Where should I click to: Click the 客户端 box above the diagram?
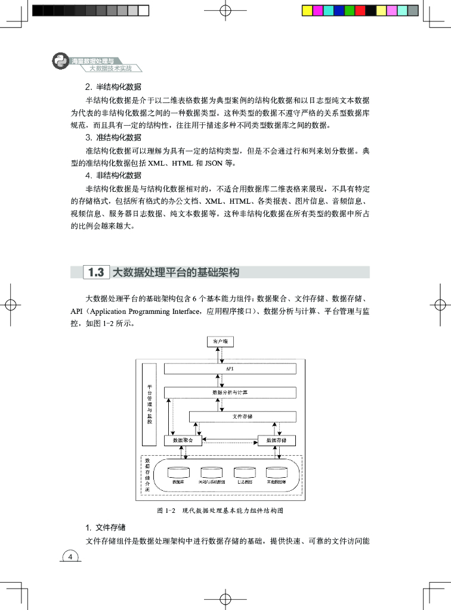(x=220, y=342)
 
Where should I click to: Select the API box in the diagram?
(x=230, y=369)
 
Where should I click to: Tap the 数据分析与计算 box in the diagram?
(x=230, y=393)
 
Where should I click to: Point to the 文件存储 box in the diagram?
(x=242, y=416)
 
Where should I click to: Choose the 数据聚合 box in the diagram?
(x=183, y=440)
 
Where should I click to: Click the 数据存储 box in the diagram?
(x=276, y=440)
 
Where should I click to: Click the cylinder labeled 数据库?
(x=177, y=474)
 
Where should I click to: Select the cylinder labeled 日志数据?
(x=244, y=474)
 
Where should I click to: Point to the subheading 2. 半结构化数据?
(x=113, y=86)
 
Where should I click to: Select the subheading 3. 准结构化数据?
(x=113, y=137)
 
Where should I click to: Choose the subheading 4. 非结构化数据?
(x=113, y=175)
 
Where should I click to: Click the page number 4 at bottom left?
(x=70, y=557)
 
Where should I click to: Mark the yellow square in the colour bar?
(x=306, y=11)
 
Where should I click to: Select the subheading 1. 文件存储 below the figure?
(x=106, y=527)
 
